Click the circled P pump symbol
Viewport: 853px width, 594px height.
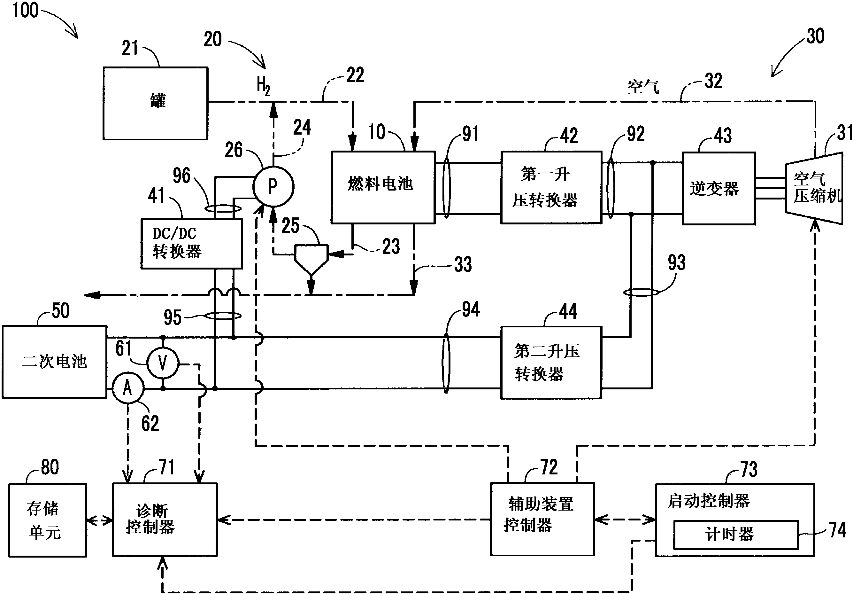[x=273, y=186]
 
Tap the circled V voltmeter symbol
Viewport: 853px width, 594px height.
[x=163, y=363]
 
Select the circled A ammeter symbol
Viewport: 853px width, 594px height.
[x=128, y=388]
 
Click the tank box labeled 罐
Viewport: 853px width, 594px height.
[x=155, y=103]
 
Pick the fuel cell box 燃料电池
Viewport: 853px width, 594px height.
[x=383, y=187]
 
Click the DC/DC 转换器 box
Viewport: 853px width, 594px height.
[x=191, y=244]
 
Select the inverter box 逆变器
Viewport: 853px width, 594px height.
[x=718, y=188]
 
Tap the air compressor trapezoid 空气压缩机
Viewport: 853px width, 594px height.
[x=814, y=188]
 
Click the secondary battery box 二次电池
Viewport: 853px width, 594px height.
[x=55, y=362]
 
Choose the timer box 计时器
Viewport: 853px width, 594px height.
[x=736, y=535]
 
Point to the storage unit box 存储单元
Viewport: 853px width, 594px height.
[x=48, y=520]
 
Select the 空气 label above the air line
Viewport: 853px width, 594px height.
[x=643, y=87]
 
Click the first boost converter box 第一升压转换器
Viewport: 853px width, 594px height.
[x=551, y=187]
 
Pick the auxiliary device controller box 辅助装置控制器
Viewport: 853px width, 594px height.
[x=542, y=519]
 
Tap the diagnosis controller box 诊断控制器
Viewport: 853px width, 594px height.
[x=165, y=519]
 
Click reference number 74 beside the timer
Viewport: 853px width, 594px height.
[x=837, y=530]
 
